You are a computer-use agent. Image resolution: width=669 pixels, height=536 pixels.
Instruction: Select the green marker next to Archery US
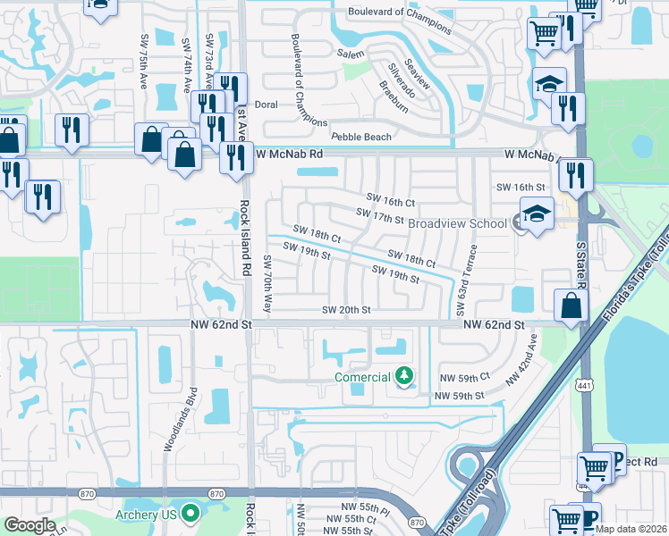189,513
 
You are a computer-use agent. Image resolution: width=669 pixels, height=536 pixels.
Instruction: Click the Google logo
30,525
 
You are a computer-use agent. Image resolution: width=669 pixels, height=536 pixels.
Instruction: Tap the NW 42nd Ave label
522,359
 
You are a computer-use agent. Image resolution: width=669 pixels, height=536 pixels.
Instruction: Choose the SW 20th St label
346,310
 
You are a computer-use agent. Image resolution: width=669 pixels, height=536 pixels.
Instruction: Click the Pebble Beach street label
361,137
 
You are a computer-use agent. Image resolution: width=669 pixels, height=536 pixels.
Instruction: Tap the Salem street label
351,54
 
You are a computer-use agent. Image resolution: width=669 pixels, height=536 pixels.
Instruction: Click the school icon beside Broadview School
536,214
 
